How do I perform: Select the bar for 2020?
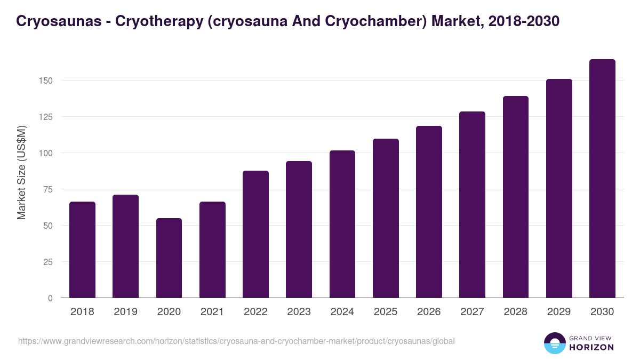tap(169, 258)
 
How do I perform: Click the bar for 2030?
tap(602, 179)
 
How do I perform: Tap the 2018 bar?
tap(82, 250)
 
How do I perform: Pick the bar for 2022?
tap(255, 234)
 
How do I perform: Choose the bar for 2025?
tap(386, 218)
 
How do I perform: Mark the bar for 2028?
tap(516, 197)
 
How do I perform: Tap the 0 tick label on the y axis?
tap(51, 298)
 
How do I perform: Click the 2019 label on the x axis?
tap(125, 312)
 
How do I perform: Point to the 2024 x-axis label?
tap(342, 312)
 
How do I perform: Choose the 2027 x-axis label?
tap(472, 312)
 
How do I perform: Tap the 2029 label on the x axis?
tap(559, 312)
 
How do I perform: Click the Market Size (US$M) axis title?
tap(21, 172)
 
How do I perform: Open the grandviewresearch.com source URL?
tap(236, 341)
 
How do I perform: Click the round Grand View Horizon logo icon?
tap(555, 343)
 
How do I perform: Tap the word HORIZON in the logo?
tap(591, 347)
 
